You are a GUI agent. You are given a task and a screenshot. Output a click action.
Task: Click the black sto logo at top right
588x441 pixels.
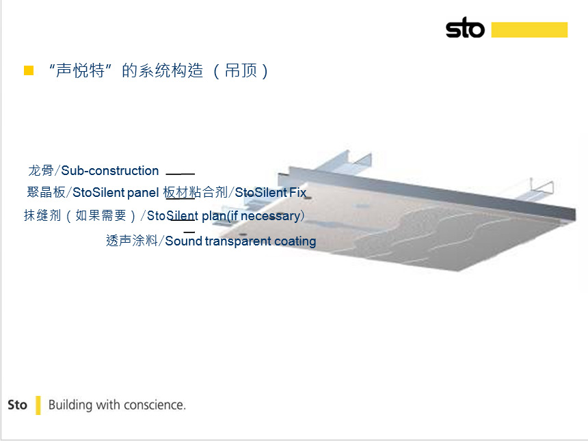(x=465, y=28)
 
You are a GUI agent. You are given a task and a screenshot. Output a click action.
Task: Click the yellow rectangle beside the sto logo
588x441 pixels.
(x=529, y=29)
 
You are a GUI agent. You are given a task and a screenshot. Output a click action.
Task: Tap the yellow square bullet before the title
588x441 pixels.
(x=29, y=70)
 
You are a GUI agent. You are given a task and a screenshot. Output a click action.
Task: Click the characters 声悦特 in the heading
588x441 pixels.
(x=80, y=70)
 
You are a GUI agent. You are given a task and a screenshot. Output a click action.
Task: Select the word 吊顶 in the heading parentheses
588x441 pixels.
(x=241, y=70)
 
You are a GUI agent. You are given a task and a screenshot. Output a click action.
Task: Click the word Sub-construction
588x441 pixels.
(x=110, y=171)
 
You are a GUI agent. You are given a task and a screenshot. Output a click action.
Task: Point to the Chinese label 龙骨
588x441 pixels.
(x=41, y=171)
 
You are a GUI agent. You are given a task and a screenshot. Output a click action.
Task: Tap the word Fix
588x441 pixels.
(x=297, y=192)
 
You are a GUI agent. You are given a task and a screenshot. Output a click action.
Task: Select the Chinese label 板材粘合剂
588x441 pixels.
(x=196, y=192)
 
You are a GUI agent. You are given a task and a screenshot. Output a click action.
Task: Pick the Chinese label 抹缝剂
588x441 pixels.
(x=42, y=215)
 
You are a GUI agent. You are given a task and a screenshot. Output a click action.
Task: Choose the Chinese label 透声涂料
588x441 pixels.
(x=132, y=241)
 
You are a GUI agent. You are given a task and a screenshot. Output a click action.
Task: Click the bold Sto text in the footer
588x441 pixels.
(x=17, y=405)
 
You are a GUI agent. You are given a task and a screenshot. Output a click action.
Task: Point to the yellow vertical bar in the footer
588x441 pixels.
(x=38, y=405)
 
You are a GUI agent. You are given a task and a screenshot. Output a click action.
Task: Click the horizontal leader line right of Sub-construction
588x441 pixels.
(x=181, y=174)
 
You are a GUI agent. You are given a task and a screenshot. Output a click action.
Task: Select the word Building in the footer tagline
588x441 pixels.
(x=70, y=405)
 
